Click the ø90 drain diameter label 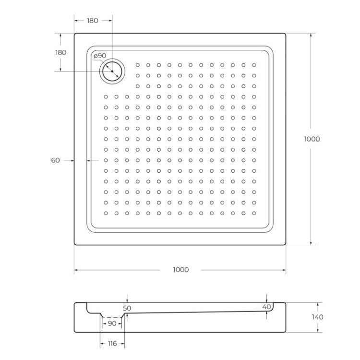100,56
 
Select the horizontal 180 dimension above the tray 93,21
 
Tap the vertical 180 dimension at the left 61,52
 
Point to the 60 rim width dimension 56,160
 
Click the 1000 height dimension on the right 312,139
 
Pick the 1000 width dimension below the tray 180,270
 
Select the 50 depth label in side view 127,308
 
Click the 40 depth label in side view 267,307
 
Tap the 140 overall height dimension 318,317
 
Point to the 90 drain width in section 112,324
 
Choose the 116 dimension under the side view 112,344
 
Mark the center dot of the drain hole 112,72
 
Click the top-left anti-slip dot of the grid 138,65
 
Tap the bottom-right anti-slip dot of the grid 254,213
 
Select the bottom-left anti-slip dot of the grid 106,213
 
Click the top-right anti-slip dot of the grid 254,65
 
